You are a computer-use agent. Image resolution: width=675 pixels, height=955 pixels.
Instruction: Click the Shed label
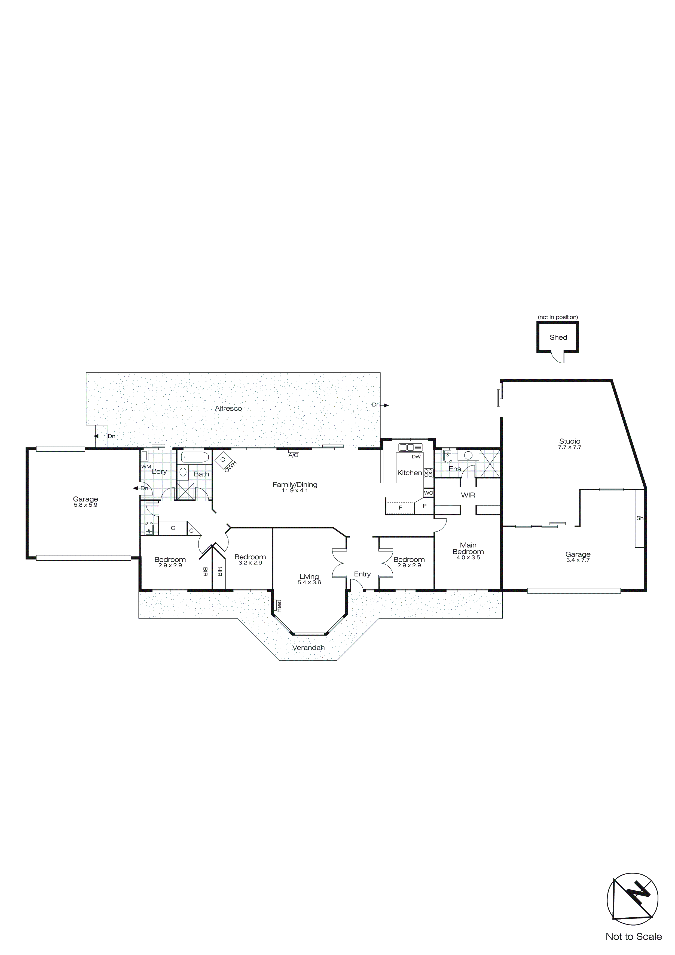click(558, 337)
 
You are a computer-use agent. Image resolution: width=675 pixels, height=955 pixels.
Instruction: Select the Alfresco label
click(228, 409)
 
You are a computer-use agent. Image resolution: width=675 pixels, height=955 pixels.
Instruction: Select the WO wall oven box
click(429, 493)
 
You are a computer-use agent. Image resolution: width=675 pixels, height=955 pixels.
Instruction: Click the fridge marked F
click(400, 507)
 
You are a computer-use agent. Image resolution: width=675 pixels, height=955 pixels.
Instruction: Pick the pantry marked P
click(424, 506)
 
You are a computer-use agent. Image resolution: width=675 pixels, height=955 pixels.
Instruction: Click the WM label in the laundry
click(146, 467)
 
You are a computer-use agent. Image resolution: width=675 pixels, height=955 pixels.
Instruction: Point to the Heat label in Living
click(279, 605)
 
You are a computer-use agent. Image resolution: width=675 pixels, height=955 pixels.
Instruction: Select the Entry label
click(362, 574)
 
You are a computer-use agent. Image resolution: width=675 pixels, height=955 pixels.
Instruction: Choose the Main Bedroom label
click(468, 548)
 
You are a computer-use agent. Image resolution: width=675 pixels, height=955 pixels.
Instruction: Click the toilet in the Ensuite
click(447, 457)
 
